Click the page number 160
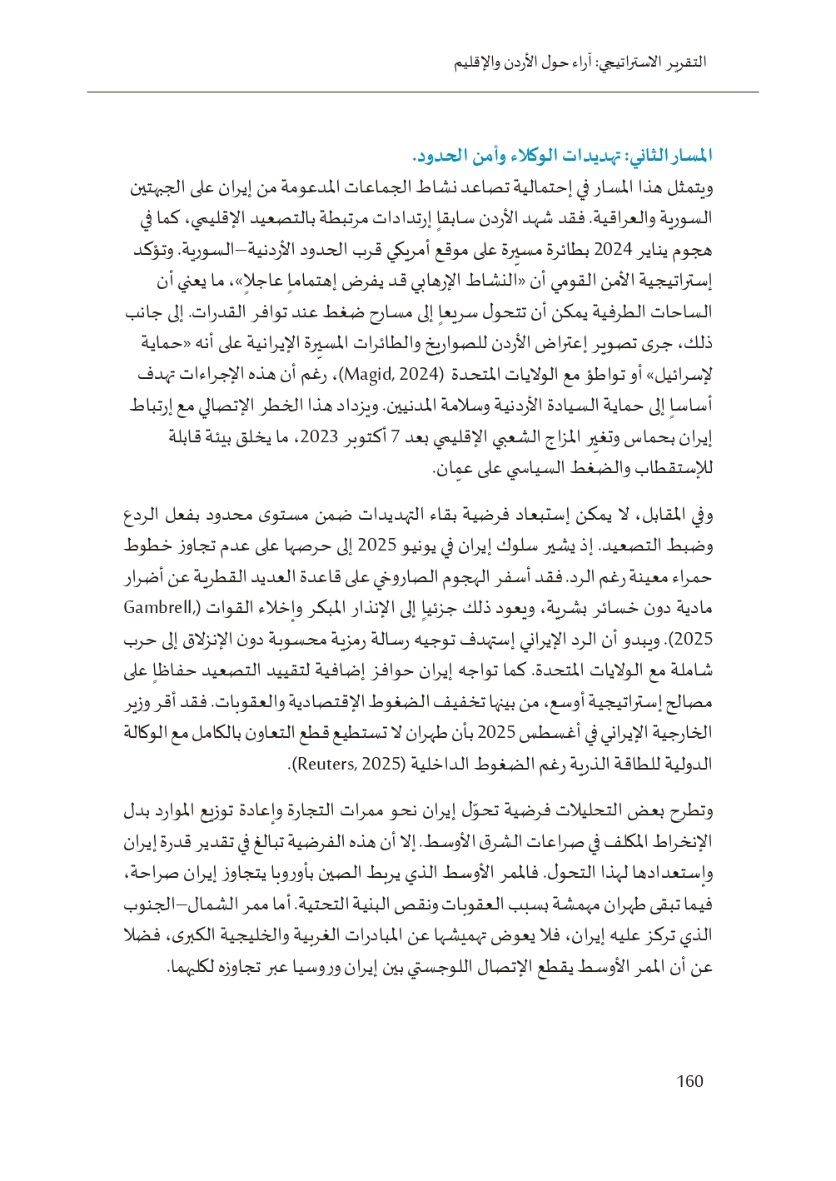[689, 1081]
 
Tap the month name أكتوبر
[371, 436]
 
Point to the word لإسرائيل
[684, 374]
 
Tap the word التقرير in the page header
[685, 62]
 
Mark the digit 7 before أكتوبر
[396, 436]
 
